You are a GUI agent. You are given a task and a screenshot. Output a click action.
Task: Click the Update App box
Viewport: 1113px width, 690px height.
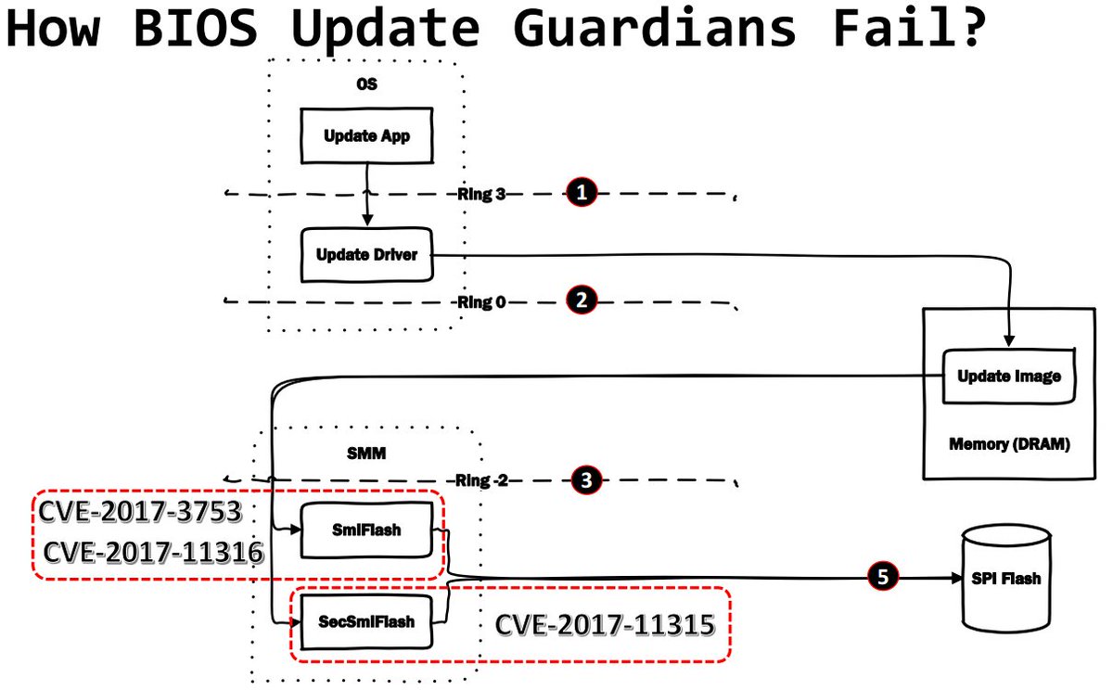click(366, 136)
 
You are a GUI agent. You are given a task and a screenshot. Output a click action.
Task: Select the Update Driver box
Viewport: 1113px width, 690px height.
click(366, 255)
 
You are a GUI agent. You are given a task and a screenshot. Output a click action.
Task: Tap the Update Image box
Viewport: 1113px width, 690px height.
click(1008, 377)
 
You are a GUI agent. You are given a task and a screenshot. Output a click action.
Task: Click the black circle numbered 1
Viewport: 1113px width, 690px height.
click(581, 193)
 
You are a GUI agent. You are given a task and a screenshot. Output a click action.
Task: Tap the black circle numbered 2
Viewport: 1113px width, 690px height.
click(581, 300)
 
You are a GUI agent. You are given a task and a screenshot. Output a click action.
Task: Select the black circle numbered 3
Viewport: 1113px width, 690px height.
click(585, 479)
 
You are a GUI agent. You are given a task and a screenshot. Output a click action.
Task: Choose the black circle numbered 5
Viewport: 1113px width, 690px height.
click(882, 576)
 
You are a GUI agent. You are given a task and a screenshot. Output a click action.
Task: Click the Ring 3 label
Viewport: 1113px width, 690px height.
click(481, 194)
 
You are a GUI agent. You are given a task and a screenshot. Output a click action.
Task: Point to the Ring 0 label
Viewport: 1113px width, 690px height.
click(481, 301)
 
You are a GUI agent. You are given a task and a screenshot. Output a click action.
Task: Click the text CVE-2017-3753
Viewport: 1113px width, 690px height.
click(140, 511)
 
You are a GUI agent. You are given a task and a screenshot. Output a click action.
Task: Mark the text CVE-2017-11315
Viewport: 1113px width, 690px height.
click(605, 624)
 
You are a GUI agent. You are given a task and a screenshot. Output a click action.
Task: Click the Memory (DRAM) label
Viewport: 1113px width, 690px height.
click(1009, 444)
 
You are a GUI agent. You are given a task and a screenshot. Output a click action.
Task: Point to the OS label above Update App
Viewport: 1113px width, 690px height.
click(367, 83)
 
